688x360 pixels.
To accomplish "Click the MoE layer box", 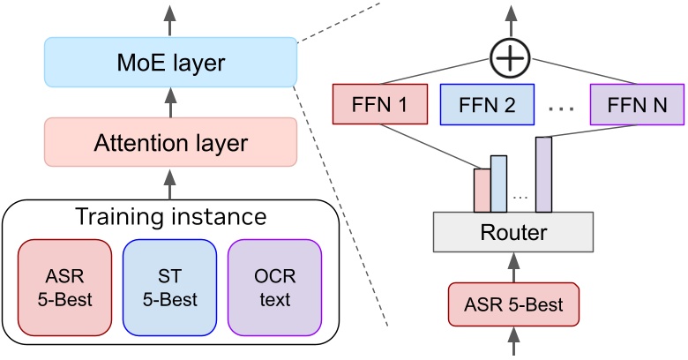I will click(x=171, y=63).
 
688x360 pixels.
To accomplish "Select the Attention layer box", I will click(x=171, y=142).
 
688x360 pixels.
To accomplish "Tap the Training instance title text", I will click(x=171, y=217).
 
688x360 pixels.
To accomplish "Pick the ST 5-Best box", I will click(x=170, y=287).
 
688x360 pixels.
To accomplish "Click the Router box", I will click(x=512, y=232).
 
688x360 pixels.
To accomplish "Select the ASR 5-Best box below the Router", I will click(x=512, y=305).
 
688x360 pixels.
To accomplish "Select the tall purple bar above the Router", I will click(x=543, y=174).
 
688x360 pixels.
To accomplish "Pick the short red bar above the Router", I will click(x=482, y=190).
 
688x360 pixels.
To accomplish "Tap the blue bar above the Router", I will click(x=498, y=184).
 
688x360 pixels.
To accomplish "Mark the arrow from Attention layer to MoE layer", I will click(x=171, y=101).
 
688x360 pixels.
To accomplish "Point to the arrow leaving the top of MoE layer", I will click(x=171, y=19).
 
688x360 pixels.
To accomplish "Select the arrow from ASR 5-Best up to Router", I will click(x=512, y=267).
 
